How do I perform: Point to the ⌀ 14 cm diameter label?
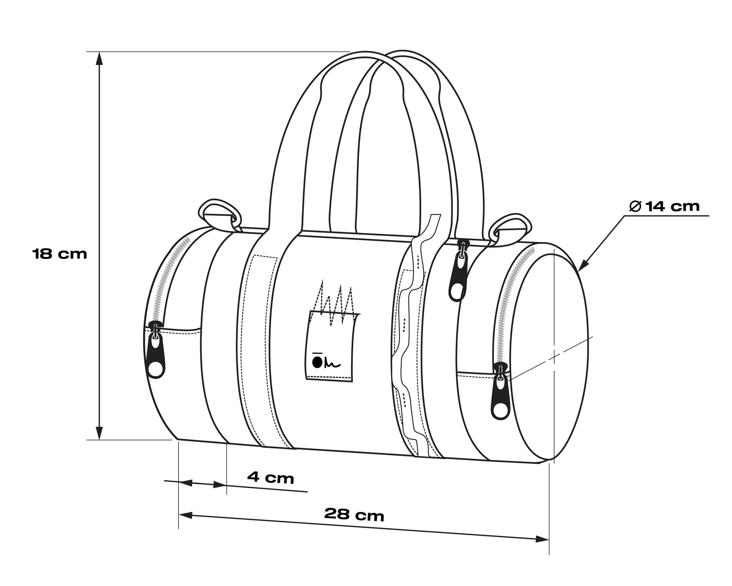pyautogui.click(x=664, y=206)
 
